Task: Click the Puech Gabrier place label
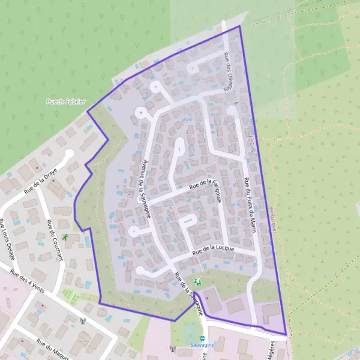click(x=66, y=101)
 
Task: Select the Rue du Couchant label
click(x=53, y=241)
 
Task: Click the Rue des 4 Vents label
click(x=27, y=277)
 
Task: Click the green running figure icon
click(x=65, y=238)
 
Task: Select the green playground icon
click(x=197, y=281)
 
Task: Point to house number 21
click(x=131, y=193)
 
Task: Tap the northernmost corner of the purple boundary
click(x=239, y=26)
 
